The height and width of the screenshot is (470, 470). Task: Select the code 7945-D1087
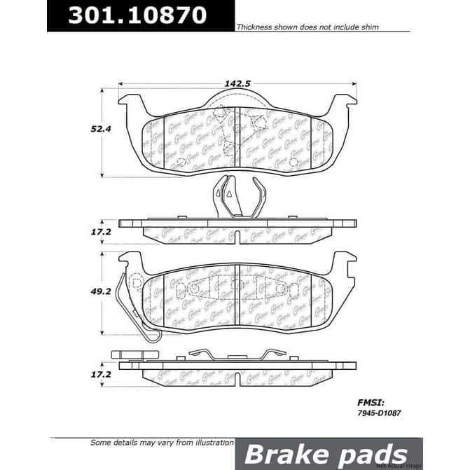click(x=373, y=415)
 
